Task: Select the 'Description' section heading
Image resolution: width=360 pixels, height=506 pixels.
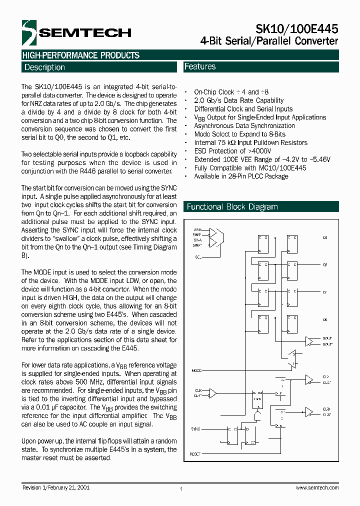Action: pyautogui.click(x=44, y=67)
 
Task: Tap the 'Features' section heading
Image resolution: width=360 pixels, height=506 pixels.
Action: pyautogui.click(x=200, y=66)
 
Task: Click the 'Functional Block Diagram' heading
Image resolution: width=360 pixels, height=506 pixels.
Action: pyautogui.click(x=232, y=207)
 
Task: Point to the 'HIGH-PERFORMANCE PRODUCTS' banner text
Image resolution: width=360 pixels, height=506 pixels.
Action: pyautogui.click(x=80, y=55)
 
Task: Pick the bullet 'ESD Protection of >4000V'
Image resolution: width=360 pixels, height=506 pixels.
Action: pyautogui.click(x=232, y=151)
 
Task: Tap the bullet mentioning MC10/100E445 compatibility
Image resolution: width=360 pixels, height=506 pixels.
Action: pyautogui.click(x=250, y=168)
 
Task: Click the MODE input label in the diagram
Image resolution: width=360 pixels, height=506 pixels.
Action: pyautogui.click(x=196, y=370)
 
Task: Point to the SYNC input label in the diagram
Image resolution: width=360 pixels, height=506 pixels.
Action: pyautogui.click(x=195, y=429)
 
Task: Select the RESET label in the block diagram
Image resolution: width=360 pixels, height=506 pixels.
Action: pyautogui.click(x=195, y=453)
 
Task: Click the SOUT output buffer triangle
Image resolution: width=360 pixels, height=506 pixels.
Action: pyautogui.click(x=309, y=341)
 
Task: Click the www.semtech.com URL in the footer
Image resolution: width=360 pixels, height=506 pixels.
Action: pyautogui.click(x=317, y=487)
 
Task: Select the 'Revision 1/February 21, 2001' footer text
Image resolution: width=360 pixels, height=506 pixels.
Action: pyautogui.click(x=56, y=487)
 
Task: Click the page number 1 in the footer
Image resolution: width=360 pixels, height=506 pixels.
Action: pyautogui.click(x=181, y=490)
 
